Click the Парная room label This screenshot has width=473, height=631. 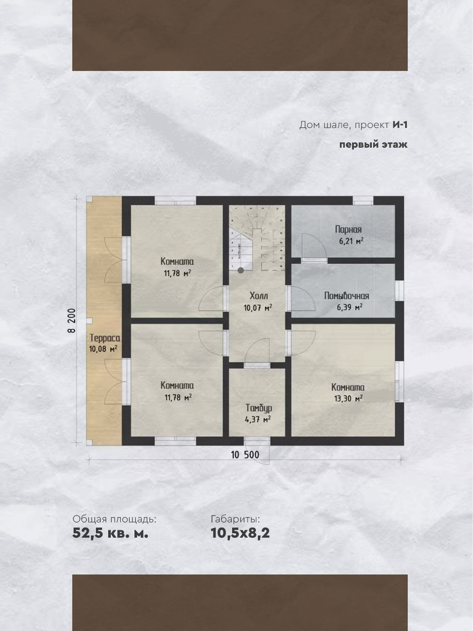pyautogui.click(x=348, y=230)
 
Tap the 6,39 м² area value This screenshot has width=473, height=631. pyautogui.click(x=349, y=307)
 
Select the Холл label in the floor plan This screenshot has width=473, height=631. pyautogui.click(x=259, y=296)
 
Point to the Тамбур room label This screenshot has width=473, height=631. pyautogui.click(x=259, y=408)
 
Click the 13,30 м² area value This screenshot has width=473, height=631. pyautogui.click(x=348, y=399)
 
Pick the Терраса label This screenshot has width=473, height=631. pyautogui.click(x=105, y=338)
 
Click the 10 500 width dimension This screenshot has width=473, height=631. pyautogui.click(x=245, y=455)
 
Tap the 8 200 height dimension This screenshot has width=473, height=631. pyautogui.click(x=71, y=321)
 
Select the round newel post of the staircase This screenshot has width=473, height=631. pyautogui.click(x=241, y=270)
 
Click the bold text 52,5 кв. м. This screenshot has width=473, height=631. pyautogui.click(x=110, y=533)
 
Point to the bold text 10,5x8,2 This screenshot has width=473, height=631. pyautogui.click(x=240, y=533)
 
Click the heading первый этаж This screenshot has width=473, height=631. pyautogui.click(x=373, y=145)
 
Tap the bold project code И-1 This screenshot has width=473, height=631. pyautogui.click(x=400, y=125)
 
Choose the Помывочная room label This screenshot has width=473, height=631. pyautogui.click(x=347, y=296)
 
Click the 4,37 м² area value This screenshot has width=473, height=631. pyautogui.click(x=258, y=420)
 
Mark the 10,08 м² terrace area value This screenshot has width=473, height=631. pyautogui.click(x=103, y=350)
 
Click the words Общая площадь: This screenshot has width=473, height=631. pyautogui.click(x=114, y=519)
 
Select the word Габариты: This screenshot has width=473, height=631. pyautogui.click(x=235, y=519)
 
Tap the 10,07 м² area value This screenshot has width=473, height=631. pyautogui.click(x=258, y=308)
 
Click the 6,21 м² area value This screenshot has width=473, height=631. pyautogui.click(x=351, y=241)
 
